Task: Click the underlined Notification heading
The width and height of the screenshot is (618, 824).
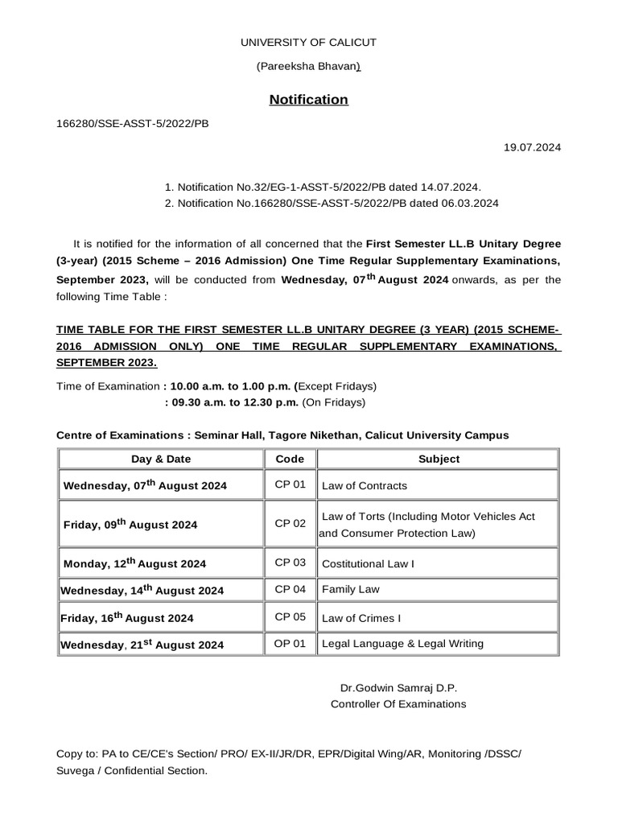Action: pyautogui.click(x=308, y=100)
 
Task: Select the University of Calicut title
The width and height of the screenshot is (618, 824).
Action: pyautogui.click(x=309, y=42)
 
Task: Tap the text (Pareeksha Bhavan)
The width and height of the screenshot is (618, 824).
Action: pyautogui.click(x=308, y=67)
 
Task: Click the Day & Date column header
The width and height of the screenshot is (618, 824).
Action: pyautogui.click(x=161, y=459)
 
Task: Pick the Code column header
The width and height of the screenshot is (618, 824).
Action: pyautogui.click(x=290, y=459)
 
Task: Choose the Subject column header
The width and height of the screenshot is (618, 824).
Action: pyautogui.click(x=439, y=459)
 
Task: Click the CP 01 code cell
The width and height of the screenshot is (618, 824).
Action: pyautogui.click(x=290, y=484)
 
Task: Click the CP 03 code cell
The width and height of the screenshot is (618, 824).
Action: pyautogui.click(x=290, y=562)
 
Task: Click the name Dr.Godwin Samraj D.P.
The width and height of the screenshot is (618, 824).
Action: pyautogui.click(x=398, y=688)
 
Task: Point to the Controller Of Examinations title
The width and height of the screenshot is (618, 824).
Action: pyautogui.click(x=398, y=704)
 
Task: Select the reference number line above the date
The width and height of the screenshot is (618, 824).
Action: pyautogui.click(x=132, y=125)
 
